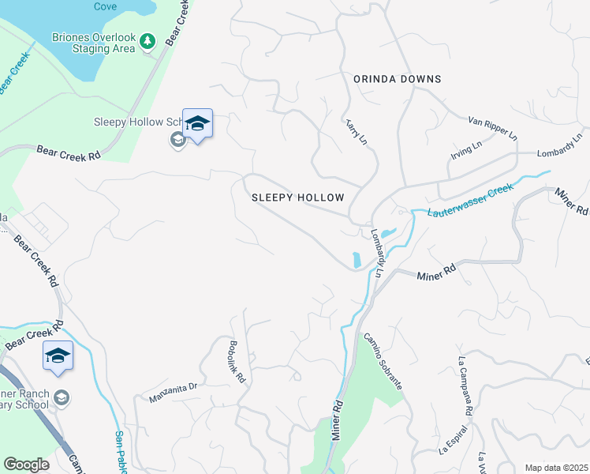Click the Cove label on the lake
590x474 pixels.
pyautogui.click(x=105, y=6)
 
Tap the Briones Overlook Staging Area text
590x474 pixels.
pyautogui.click(x=94, y=43)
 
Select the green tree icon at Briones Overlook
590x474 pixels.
pyautogui.click(x=147, y=42)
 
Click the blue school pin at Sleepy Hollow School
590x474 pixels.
pyautogui.click(x=197, y=123)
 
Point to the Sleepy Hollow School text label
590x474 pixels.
pyautogui.click(x=137, y=122)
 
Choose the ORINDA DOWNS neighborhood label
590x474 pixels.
pyautogui.click(x=397, y=79)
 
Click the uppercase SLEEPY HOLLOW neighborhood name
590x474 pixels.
pyautogui.click(x=297, y=197)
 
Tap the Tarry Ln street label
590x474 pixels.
pyautogui.click(x=356, y=131)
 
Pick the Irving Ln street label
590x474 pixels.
pyautogui.click(x=466, y=149)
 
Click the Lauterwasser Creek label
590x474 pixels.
pyautogui.click(x=470, y=201)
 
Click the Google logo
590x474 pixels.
pyautogui.click(x=26, y=465)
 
